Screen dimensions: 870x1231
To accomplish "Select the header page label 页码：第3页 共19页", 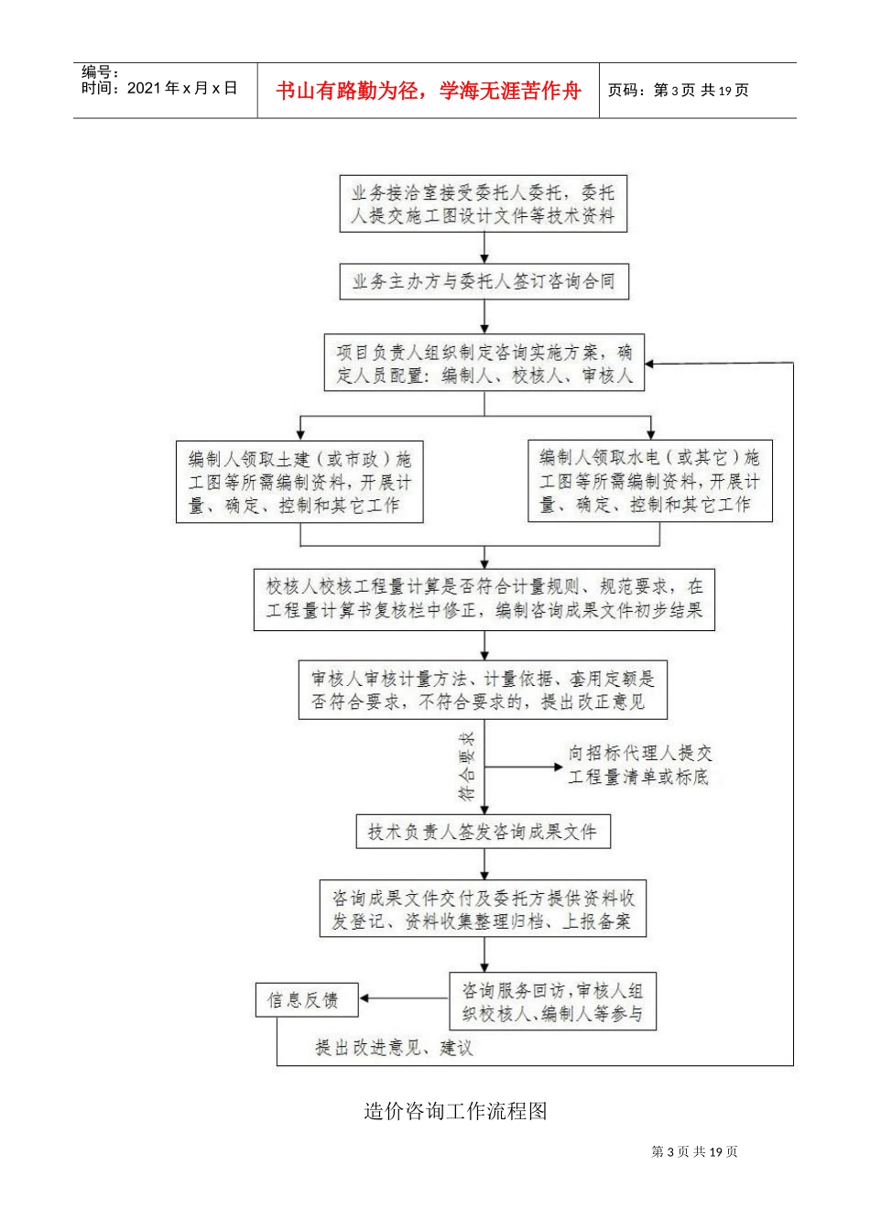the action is (678, 90).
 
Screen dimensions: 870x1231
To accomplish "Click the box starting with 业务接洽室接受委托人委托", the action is (484, 204).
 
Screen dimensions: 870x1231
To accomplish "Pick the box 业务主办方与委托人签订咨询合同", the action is (484, 282).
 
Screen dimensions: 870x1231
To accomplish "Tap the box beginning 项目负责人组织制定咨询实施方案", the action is (484, 363).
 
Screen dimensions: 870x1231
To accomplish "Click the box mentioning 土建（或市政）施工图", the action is (299, 482).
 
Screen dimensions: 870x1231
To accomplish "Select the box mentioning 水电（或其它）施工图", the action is (650, 481).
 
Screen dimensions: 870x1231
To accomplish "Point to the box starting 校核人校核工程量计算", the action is (484, 600).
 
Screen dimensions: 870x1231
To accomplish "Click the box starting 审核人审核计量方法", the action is (484, 691).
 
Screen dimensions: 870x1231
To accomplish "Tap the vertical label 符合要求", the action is (467, 767).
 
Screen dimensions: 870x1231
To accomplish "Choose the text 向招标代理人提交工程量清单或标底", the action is (640, 765).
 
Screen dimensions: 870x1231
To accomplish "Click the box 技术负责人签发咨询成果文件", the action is (484, 832).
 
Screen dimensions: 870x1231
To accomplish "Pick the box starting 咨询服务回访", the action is (553, 1001).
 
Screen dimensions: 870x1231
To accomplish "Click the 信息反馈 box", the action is (307, 1000).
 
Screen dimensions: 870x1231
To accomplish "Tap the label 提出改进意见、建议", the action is (394, 1048).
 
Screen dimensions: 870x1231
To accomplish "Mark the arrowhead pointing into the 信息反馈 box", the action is (364, 998).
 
